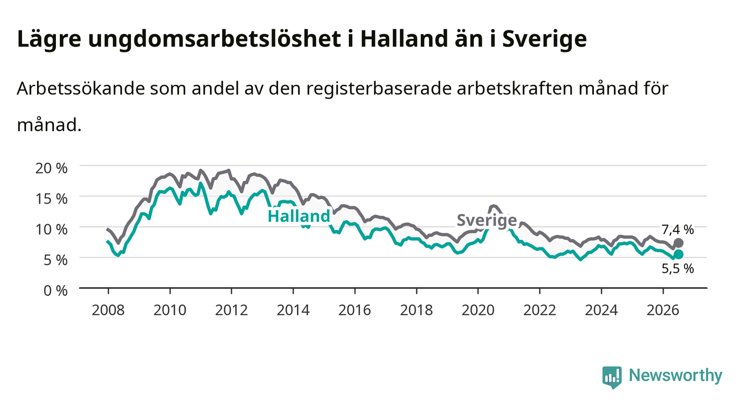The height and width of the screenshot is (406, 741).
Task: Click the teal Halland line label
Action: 299,216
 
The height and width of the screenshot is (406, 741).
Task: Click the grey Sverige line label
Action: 487,220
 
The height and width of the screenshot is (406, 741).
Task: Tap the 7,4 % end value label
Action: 677,230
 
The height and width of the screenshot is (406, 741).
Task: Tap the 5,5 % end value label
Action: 677,268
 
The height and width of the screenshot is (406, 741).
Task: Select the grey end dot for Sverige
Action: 678,243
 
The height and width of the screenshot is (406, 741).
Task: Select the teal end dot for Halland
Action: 678,254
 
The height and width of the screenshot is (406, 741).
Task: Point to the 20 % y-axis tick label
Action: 51,168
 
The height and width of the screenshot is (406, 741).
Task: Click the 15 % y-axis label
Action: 51,199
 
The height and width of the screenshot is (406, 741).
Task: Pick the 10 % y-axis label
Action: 51,230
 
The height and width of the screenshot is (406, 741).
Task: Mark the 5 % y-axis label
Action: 55,261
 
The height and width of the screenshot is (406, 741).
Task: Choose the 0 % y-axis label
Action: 55,291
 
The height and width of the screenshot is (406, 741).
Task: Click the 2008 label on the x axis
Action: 108,310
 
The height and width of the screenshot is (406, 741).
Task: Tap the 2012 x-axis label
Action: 232,310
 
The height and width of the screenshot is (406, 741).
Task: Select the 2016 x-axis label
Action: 354,310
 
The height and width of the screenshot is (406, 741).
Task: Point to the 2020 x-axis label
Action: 478,310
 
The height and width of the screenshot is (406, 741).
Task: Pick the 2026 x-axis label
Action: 663,310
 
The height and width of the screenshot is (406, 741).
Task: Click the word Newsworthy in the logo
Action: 676,376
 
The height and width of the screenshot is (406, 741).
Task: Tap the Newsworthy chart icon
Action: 612,377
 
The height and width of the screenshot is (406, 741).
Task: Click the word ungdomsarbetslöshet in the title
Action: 215,40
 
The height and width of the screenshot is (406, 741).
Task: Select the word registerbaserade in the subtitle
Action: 379,89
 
